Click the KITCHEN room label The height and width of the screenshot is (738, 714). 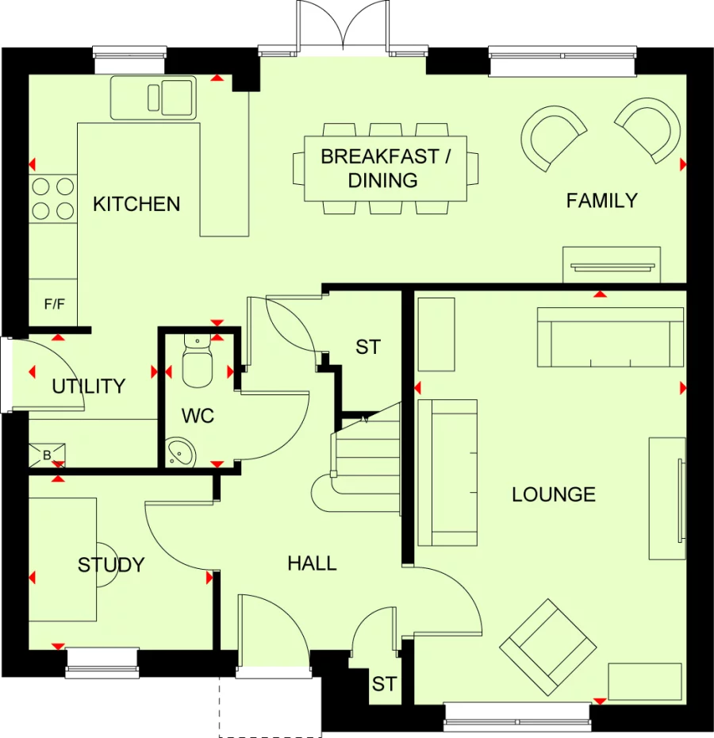point(136,204)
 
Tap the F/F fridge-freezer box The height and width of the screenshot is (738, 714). point(53,303)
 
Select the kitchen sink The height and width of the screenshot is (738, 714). point(152,98)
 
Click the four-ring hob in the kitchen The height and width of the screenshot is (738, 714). point(52,198)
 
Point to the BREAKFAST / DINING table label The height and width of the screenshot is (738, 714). point(385,168)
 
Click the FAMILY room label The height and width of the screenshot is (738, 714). point(601,201)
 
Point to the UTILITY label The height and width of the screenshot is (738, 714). point(89,386)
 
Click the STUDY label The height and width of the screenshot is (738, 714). point(111,565)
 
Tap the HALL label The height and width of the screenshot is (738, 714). point(312,563)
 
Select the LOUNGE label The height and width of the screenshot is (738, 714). point(553,494)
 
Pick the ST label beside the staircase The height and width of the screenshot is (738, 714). point(368,347)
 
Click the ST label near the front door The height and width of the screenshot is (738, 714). point(384,684)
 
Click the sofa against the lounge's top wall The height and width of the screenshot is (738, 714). point(610,337)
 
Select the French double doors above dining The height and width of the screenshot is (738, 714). point(342,28)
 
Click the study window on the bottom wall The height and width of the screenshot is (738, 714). point(102,662)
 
